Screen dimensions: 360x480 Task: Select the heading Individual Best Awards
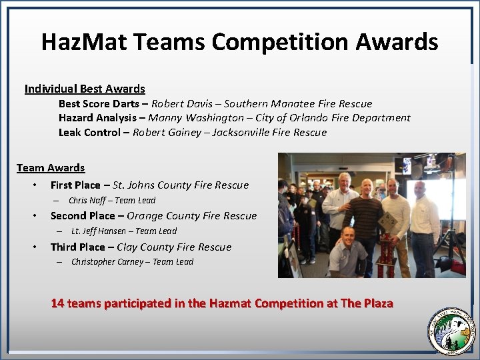pyautogui.click(x=85, y=89)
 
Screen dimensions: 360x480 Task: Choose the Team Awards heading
pyautogui.click(x=51, y=168)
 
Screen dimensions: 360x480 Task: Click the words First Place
pyautogui.click(x=75, y=185)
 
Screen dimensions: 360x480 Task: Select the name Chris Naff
pyautogui.click(x=86, y=201)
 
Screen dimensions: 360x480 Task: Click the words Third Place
pyautogui.click(x=78, y=247)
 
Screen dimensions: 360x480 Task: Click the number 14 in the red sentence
pyautogui.click(x=57, y=303)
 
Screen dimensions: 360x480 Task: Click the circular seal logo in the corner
pyautogui.click(x=450, y=329)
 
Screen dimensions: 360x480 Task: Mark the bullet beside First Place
pyautogui.click(x=35, y=185)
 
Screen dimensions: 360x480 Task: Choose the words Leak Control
pyautogui.click(x=89, y=133)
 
